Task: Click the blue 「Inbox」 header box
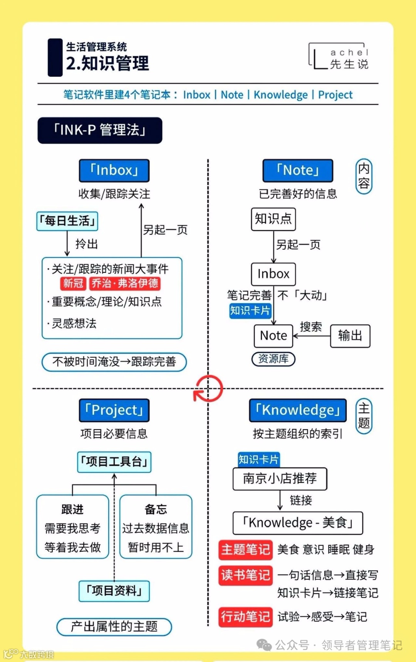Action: click(x=114, y=170)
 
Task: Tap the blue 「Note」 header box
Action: click(x=298, y=170)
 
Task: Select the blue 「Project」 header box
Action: click(x=114, y=410)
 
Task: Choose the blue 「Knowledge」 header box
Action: click(x=298, y=410)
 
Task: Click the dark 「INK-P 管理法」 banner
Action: click(x=100, y=130)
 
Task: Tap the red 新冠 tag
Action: click(x=73, y=283)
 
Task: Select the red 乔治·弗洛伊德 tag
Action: click(x=125, y=283)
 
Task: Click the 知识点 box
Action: click(x=273, y=219)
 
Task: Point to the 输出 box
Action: click(x=350, y=336)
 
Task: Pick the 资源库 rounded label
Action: click(x=273, y=359)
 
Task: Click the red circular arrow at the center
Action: click(x=208, y=389)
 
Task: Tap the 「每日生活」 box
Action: click(x=67, y=221)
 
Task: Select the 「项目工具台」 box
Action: click(x=114, y=462)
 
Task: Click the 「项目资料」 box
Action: click(x=114, y=591)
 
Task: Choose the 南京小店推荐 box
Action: click(x=280, y=479)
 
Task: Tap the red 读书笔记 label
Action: click(x=245, y=575)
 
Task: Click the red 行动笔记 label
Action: click(x=245, y=617)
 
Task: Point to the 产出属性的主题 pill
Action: click(x=114, y=627)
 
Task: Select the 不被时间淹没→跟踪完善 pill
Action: click(x=114, y=362)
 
